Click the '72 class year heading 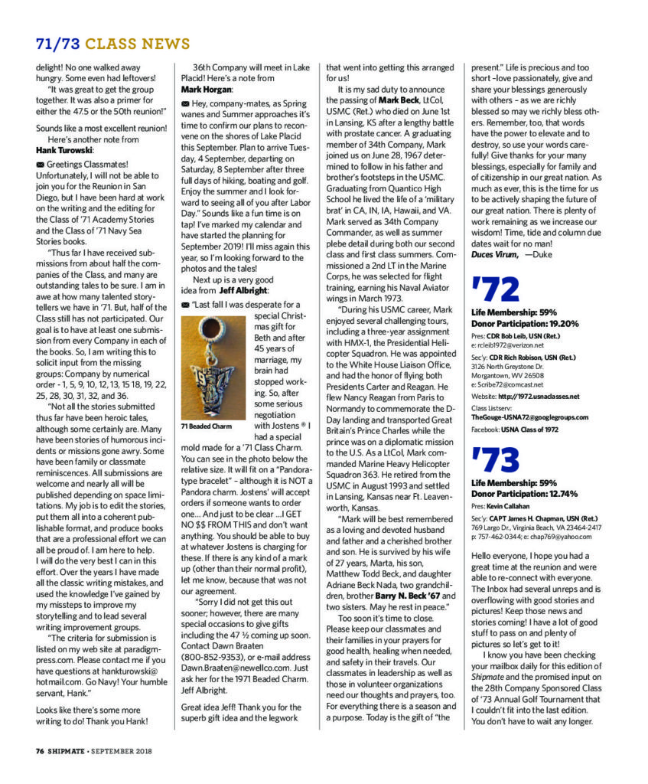pyautogui.click(x=496, y=290)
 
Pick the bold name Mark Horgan pyautogui.click(x=210, y=90)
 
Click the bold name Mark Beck pyautogui.click(x=399, y=100)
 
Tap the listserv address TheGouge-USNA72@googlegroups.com pyautogui.click(x=529, y=417)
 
